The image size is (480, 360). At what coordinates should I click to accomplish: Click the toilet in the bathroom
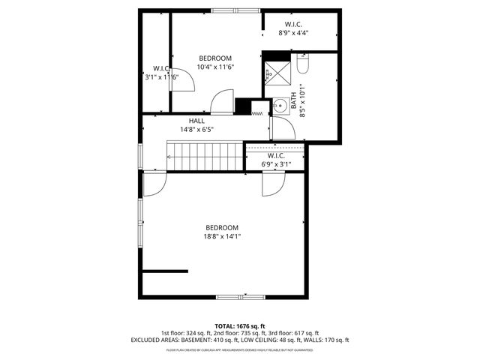pyautogui.click(x=301, y=64)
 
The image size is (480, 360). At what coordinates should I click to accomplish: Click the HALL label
pyautogui.click(x=196, y=121)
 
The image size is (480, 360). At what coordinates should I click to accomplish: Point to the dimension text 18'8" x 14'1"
pyautogui.click(x=222, y=236)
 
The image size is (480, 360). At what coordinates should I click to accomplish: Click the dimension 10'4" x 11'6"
pyautogui.click(x=215, y=67)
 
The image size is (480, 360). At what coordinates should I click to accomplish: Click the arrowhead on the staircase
pyautogui.click(x=171, y=157)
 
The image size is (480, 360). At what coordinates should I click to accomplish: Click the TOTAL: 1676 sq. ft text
pyautogui.click(x=239, y=325)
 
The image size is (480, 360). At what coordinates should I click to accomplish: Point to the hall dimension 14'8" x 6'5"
pyautogui.click(x=196, y=129)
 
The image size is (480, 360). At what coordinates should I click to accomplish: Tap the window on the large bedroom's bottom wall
pyautogui.click(x=240, y=298)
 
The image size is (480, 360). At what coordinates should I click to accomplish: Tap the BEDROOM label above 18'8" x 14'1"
pyautogui.click(x=222, y=227)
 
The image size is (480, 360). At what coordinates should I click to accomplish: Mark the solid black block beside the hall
pyautogui.click(x=243, y=106)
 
